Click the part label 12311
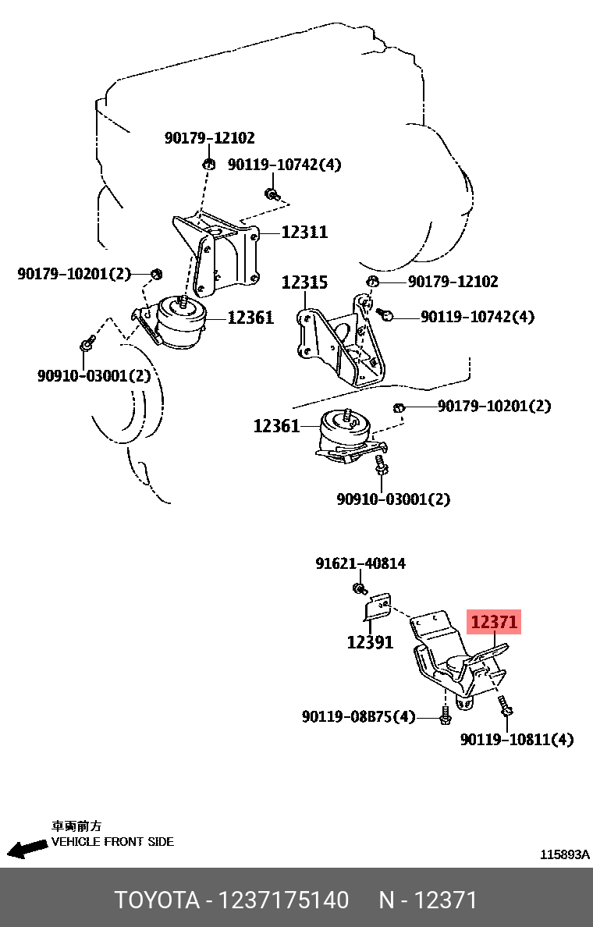pyautogui.click(x=304, y=232)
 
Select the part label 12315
pyautogui.click(x=304, y=282)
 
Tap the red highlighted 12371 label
pyautogui.click(x=493, y=623)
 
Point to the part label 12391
pyautogui.click(x=370, y=642)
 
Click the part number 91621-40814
pyautogui.click(x=360, y=563)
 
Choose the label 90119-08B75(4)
pyautogui.click(x=359, y=716)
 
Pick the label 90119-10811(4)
pyautogui.click(x=517, y=740)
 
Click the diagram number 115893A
pyautogui.click(x=565, y=854)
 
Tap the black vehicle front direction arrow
pyautogui.click(x=27, y=849)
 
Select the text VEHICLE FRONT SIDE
pyautogui.click(x=112, y=842)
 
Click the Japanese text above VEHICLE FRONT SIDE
pyautogui.click(x=76, y=826)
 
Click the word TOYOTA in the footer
pyautogui.click(x=158, y=900)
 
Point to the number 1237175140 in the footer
pyautogui.click(x=284, y=900)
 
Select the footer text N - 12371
pyautogui.click(x=428, y=900)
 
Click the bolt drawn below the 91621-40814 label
pyautogui.click(x=360, y=587)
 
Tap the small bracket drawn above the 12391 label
pyautogui.click(x=378, y=606)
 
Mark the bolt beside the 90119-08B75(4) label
pyautogui.click(x=445, y=715)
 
